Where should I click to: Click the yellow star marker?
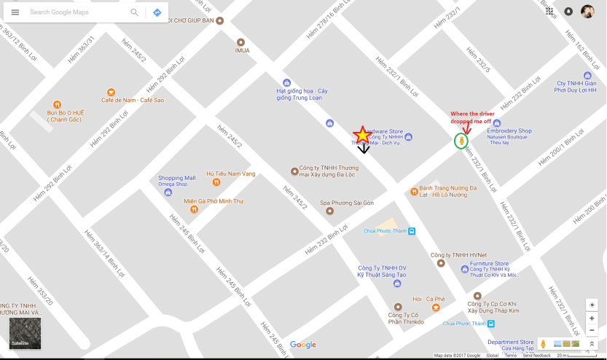coord(362,135)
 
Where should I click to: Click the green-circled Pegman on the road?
coord(461,141)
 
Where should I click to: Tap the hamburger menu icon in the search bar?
coord(15,12)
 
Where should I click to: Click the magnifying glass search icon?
coord(134,12)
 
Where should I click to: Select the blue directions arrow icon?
coord(157,12)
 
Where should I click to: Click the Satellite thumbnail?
coord(25,333)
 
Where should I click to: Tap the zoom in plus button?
coord(592,318)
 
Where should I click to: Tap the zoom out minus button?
coord(592,330)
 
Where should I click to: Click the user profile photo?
coord(587,12)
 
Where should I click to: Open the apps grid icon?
coord(549,12)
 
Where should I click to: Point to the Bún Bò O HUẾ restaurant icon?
coord(57,105)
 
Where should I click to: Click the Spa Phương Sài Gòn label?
coord(347,202)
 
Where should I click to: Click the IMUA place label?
coord(242,50)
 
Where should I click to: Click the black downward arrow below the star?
coord(363,148)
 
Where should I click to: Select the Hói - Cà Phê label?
coord(428,299)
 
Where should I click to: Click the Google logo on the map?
coord(303,345)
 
